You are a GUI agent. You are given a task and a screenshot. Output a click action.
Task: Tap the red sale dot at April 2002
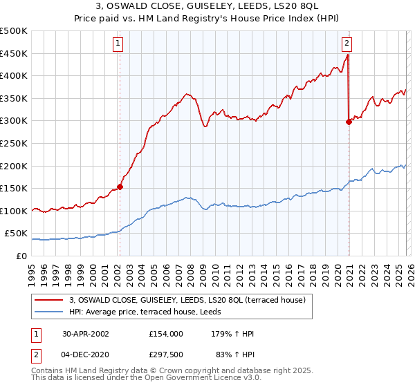coord(120,186)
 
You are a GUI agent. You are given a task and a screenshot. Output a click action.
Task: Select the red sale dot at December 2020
coord(348,122)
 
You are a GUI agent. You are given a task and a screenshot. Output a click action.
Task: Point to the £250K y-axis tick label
coord(14,143)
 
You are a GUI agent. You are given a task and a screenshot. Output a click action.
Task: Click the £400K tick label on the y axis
coord(14,76)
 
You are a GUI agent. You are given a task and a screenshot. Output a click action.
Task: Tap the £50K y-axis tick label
coord(17,234)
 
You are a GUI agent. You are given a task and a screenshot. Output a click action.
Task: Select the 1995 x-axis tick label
coord(32,270)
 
